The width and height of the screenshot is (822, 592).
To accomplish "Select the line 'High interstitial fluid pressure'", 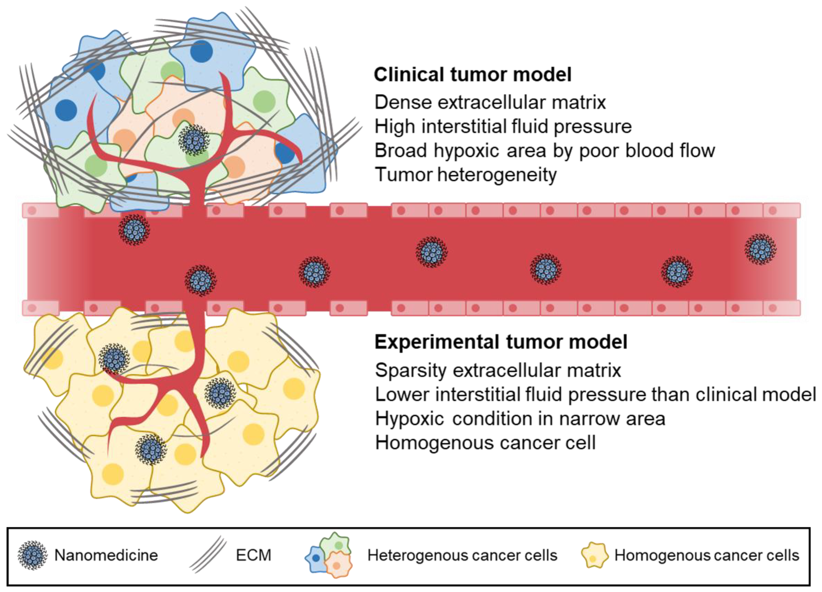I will click(x=503, y=126).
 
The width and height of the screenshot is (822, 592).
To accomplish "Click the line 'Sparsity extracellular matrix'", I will click(x=498, y=370).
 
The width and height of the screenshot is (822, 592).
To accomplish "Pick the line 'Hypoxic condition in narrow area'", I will click(x=520, y=419).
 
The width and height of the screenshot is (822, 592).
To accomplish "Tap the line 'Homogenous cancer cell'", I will click(x=485, y=443).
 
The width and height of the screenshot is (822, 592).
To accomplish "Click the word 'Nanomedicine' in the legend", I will click(x=106, y=555).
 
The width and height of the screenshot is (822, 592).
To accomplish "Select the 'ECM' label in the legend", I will click(x=253, y=555).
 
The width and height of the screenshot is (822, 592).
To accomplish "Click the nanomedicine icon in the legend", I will click(x=32, y=555).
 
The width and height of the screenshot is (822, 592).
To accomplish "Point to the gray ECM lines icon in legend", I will click(x=208, y=555).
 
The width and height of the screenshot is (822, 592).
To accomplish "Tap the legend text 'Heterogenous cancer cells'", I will click(x=462, y=555).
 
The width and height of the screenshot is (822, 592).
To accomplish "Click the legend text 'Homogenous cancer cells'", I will click(x=706, y=555).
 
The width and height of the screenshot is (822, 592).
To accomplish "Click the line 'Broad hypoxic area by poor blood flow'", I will click(x=544, y=151).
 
